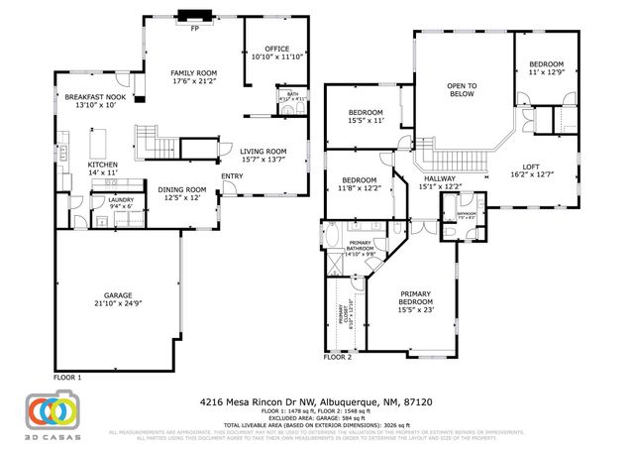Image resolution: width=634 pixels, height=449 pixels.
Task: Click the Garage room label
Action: (120, 295)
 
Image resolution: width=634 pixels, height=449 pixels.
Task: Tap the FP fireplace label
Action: (194, 27)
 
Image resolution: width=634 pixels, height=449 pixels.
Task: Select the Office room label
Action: (276, 49)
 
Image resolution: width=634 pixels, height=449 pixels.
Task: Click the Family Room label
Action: (193, 72)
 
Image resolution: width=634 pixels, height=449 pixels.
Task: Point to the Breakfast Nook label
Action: (96, 97)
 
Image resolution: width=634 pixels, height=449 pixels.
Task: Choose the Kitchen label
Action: (103, 165)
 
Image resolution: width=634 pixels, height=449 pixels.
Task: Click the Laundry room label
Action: (106, 199)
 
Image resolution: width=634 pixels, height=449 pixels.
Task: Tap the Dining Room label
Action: (182, 189)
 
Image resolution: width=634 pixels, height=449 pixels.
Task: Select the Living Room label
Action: (264, 152)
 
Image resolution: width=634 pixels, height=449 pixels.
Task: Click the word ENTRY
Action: (232, 176)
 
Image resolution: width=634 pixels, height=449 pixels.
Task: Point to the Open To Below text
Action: (462, 85)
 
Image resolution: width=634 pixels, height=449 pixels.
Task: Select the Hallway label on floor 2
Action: (439, 178)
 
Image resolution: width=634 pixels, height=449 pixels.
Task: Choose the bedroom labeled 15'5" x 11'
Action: (365, 114)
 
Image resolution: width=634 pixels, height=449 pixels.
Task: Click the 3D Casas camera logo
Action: (54, 412)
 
